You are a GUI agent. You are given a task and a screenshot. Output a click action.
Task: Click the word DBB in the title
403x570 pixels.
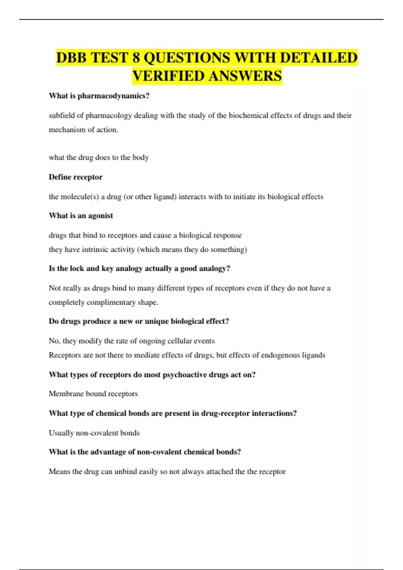pos(72,58)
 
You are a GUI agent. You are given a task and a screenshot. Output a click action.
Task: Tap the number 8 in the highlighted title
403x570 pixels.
pos(136,58)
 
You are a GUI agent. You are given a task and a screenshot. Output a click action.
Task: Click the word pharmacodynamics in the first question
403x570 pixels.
pos(114,96)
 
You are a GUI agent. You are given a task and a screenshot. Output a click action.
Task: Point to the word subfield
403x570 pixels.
pos(62,116)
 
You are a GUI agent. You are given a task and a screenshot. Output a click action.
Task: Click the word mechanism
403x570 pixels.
pos(66,130)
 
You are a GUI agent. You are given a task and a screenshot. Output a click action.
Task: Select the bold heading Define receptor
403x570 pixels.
pos(76,177)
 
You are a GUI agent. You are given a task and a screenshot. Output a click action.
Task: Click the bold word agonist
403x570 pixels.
pos(100,216)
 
